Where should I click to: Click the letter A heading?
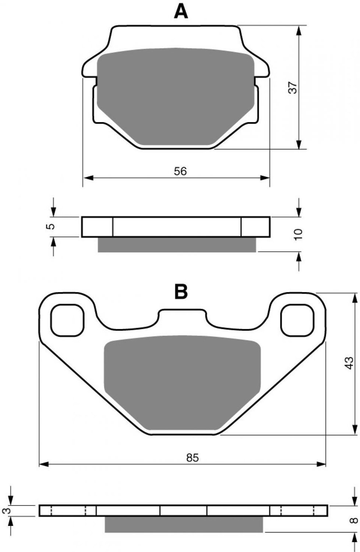point(181,12)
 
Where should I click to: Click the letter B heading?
point(181,291)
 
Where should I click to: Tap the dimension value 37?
point(293,87)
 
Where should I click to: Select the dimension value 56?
point(180,171)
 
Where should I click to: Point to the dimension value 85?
point(192,458)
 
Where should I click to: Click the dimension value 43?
point(349,363)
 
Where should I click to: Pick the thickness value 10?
point(298,235)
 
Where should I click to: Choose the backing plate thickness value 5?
point(50,226)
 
